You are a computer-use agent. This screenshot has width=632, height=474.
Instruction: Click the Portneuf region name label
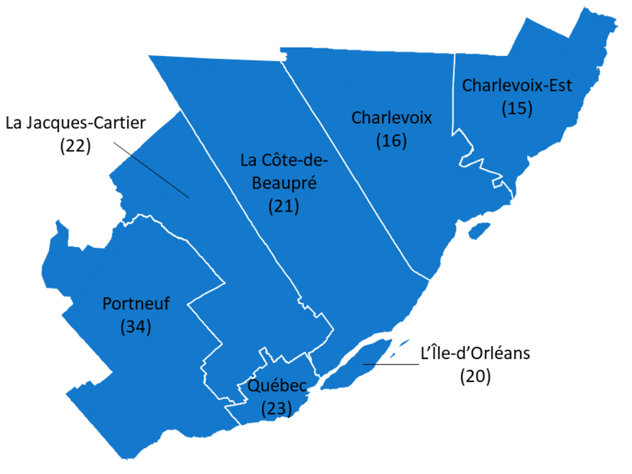click(136, 304)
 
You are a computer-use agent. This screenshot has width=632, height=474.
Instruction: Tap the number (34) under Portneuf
click(136, 326)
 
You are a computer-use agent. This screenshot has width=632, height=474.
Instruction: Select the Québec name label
click(277, 386)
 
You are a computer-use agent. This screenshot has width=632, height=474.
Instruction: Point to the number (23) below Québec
click(277, 408)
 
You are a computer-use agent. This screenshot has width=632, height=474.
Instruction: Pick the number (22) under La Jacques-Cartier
click(75, 146)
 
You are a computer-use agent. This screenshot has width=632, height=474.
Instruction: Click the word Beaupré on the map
click(283, 183)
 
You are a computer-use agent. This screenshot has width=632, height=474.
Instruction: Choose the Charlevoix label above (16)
click(391, 117)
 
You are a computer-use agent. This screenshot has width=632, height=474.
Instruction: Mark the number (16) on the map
click(391, 140)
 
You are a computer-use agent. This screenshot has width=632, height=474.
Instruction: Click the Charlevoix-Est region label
click(517, 84)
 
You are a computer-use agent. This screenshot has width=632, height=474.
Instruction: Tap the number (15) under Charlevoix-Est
click(517, 107)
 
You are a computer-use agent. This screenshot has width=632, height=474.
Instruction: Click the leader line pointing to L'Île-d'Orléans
click(391, 364)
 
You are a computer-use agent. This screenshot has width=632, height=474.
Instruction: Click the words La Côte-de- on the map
click(283, 160)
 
